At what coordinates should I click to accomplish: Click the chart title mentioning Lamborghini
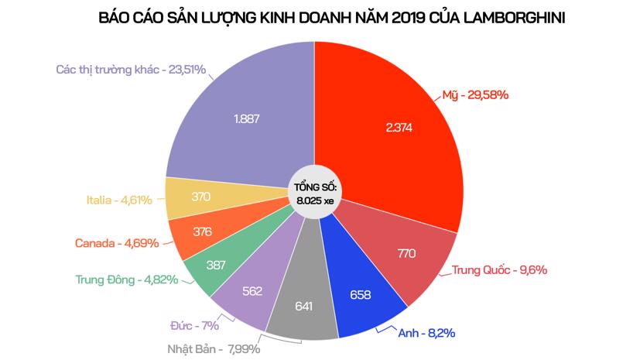point(320,17)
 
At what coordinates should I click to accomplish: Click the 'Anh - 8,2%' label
point(425,333)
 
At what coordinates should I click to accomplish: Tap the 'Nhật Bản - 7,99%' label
point(214,348)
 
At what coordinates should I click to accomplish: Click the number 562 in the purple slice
point(252,291)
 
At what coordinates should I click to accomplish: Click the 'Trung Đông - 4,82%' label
point(127,279)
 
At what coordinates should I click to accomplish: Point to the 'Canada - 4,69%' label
point(117,242)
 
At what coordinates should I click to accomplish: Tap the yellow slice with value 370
point(200,197)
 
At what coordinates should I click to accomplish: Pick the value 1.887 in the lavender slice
point(247,120)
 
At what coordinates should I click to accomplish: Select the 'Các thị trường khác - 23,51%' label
point(131,69)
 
